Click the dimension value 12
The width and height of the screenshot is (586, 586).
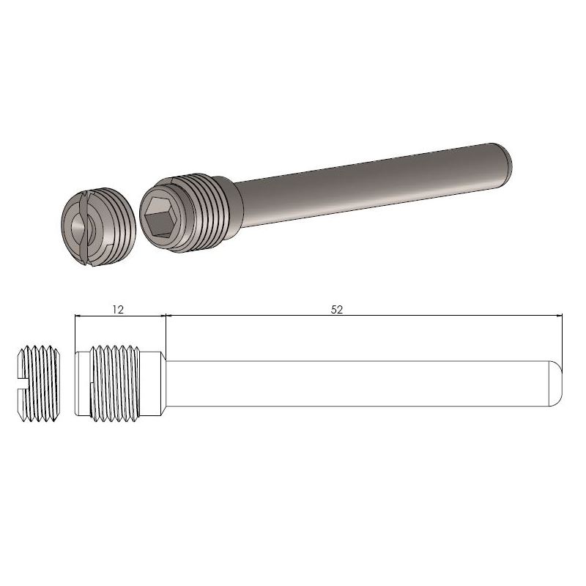pos(118,309)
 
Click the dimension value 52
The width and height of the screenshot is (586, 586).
pos(337,309)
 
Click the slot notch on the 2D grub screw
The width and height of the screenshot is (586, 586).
pos(21,381)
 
